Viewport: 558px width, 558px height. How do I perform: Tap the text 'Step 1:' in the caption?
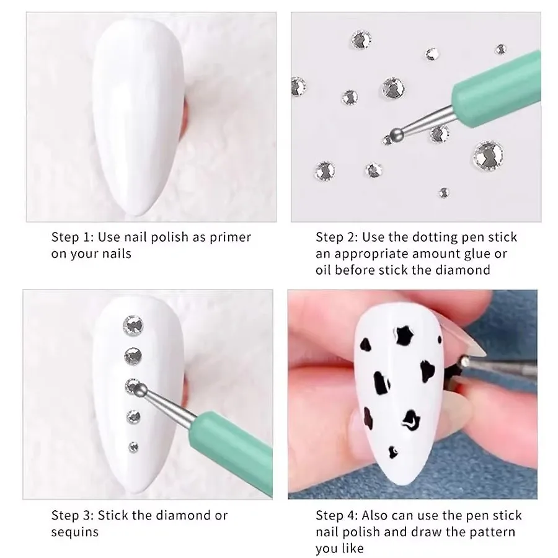(x=71, y=237)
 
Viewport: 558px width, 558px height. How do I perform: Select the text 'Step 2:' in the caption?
(x=336, y=237)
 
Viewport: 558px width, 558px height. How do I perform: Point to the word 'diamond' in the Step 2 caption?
(x=467, y=270)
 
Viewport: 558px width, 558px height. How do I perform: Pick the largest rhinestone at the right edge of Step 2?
(x=487, y=154)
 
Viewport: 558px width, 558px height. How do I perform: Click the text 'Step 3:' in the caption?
(x=71, y=515)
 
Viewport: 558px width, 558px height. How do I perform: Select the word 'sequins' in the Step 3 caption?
(x=74, y=532)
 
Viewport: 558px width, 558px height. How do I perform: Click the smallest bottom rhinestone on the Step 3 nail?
(x=133, y=445)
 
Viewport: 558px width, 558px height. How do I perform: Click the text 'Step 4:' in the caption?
(x=336, y=515)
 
